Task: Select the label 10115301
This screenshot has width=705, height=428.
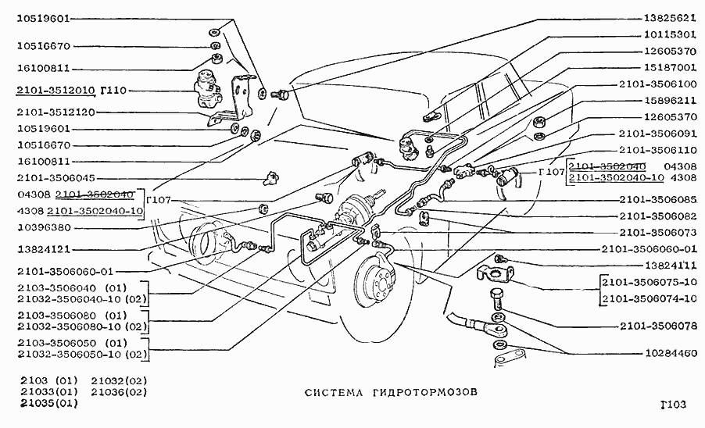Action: pos(669,35)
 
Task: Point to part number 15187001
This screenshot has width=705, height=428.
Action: pos(669,68)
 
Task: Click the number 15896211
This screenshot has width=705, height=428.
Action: pos(669,101)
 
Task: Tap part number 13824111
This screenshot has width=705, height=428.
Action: pos(669,266)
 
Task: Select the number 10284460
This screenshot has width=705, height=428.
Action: pos(669,353)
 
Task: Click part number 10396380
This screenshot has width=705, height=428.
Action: pos(44,228)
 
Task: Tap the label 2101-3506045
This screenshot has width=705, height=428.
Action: pos(55,178)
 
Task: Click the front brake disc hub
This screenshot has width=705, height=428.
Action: pos(378,282)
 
